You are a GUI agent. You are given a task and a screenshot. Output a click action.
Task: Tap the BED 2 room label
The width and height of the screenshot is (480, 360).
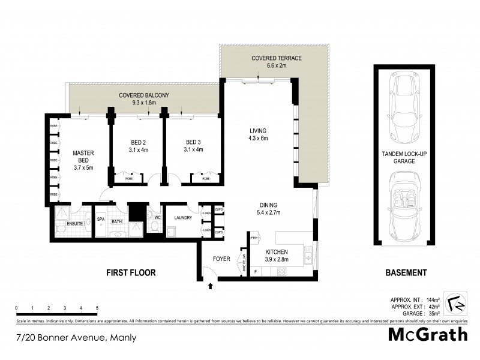[x=138, y=143]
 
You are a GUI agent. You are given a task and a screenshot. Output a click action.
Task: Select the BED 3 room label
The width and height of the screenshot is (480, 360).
[x=193, y=143]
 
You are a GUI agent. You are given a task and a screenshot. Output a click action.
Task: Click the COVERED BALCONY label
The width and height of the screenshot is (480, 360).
[x=144, y=95]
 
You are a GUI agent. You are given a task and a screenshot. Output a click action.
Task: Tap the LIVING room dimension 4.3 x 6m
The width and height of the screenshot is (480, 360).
[x=259, y=139]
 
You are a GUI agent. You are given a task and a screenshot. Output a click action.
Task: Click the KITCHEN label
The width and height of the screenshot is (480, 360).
[x=277, y=252]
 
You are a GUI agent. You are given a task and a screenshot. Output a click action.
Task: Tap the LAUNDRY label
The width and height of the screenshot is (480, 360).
[x=182, y=218]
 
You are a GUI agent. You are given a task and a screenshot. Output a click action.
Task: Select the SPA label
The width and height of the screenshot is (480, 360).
[x=101, y=220]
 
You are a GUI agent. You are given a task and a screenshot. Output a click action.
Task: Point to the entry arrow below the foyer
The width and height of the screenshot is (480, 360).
[x=209, y=287]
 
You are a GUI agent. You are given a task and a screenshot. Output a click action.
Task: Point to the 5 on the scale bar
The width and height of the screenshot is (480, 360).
[x=97, y=308]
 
